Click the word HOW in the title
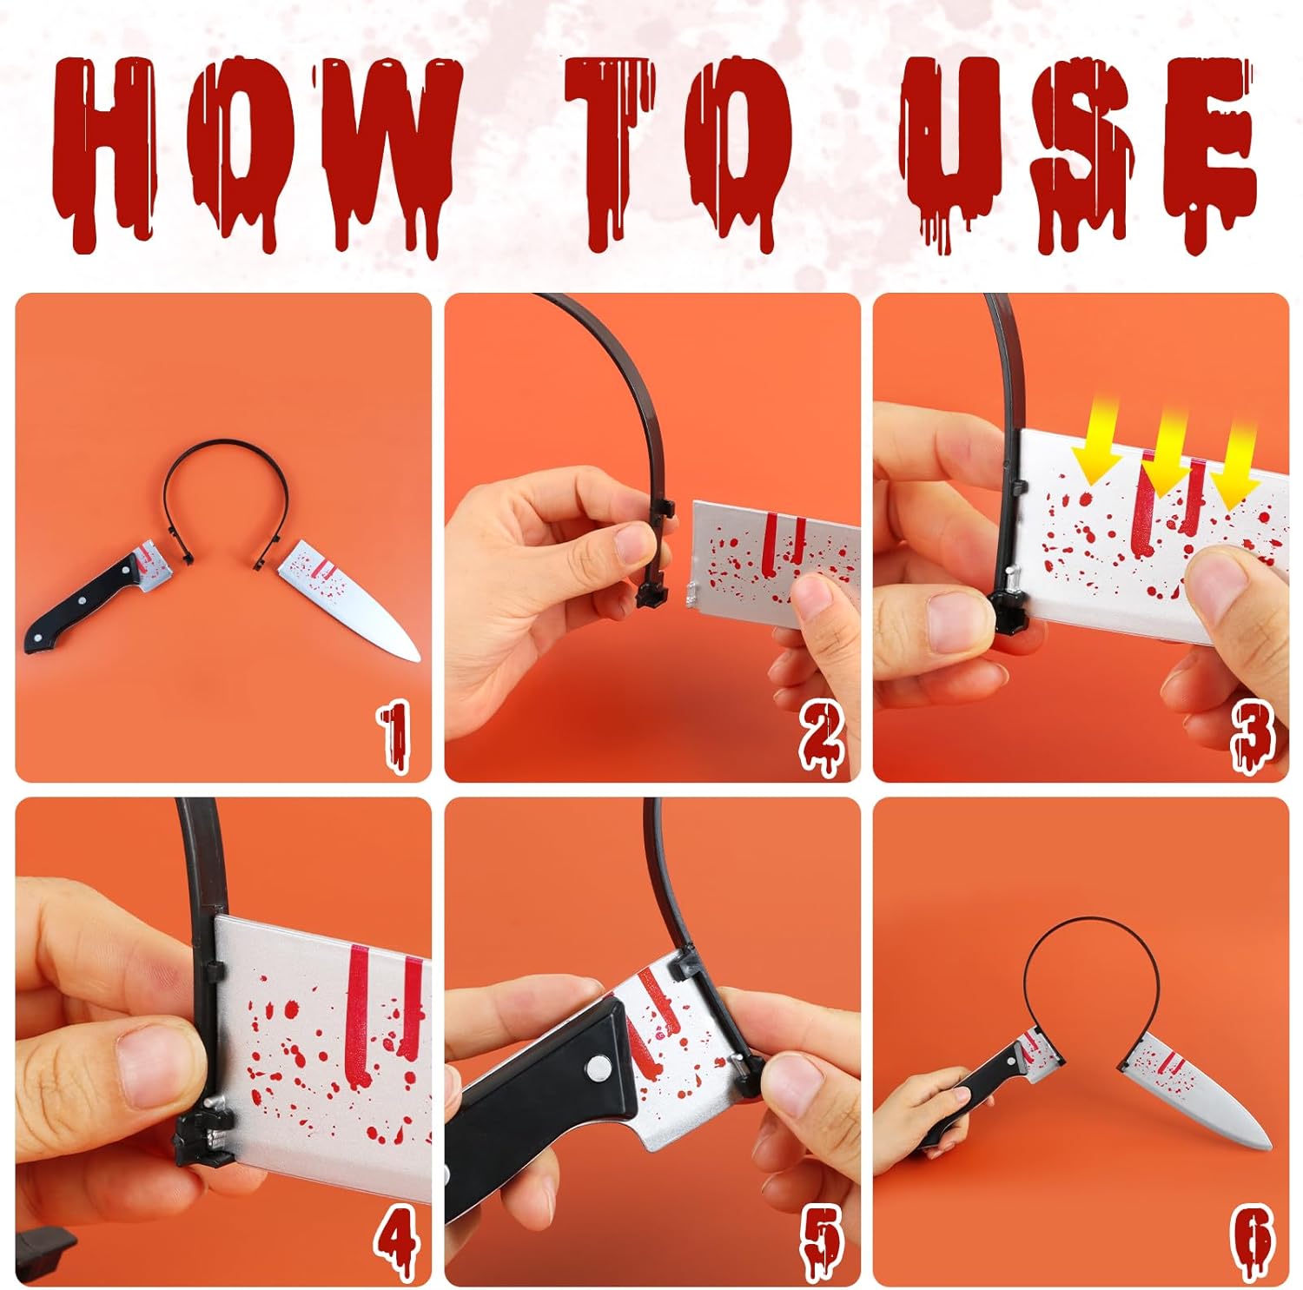pyautogui.click(x=256, y=152)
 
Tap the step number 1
pyautogui.click(x=395, y=737)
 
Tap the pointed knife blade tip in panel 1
pyautogui.click(x=416, y=658)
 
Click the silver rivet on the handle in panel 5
pyautogui.click(x=598, y=1068)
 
